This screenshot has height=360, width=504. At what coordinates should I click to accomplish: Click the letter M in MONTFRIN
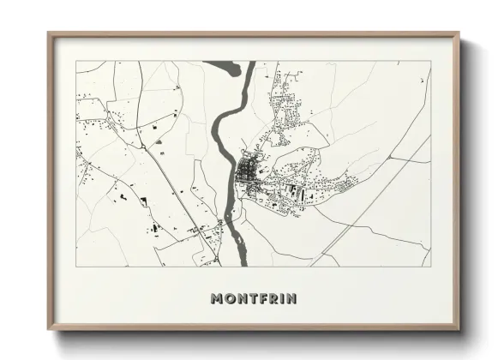pos(217,299)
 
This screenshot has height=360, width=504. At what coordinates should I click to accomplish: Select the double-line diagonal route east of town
pos(377,197)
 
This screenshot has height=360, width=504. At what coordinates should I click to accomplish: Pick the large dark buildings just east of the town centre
pos(292,189)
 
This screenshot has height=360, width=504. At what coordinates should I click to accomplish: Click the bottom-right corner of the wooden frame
pos(460,330)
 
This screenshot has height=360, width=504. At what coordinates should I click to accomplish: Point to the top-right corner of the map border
pos(430,61)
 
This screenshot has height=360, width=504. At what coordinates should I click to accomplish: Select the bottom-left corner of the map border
pos(76,267)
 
